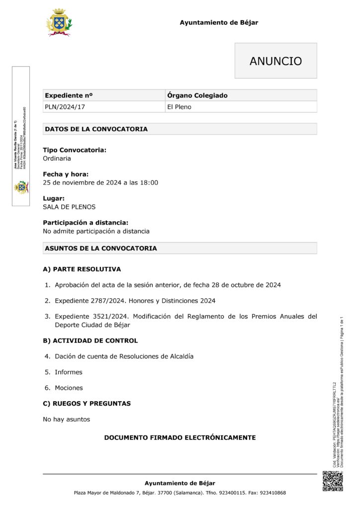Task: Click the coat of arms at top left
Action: (x=59, y=22)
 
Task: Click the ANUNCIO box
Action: (x=275, y=61)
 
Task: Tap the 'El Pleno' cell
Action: (x=179, y=107)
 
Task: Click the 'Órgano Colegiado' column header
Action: (x=197, y=95)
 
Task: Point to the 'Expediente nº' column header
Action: (x=69, y=95)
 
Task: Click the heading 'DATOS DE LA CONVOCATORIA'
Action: (x=96, y=129)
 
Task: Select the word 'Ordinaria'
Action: (x=57, y=159)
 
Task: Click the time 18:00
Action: (x=149, y=182)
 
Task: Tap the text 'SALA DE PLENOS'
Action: (x=69, y=207)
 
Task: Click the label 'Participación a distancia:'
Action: (x=86, y=223)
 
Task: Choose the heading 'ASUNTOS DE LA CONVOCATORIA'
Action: (x=101, y=248)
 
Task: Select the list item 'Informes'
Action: (x=69, y=372)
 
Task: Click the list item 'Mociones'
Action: (x=69, y=388)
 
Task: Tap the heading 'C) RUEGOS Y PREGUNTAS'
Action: (x=87, y=404)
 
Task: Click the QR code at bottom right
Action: (x=333, y=481)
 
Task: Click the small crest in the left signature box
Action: (x=21, y=187)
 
